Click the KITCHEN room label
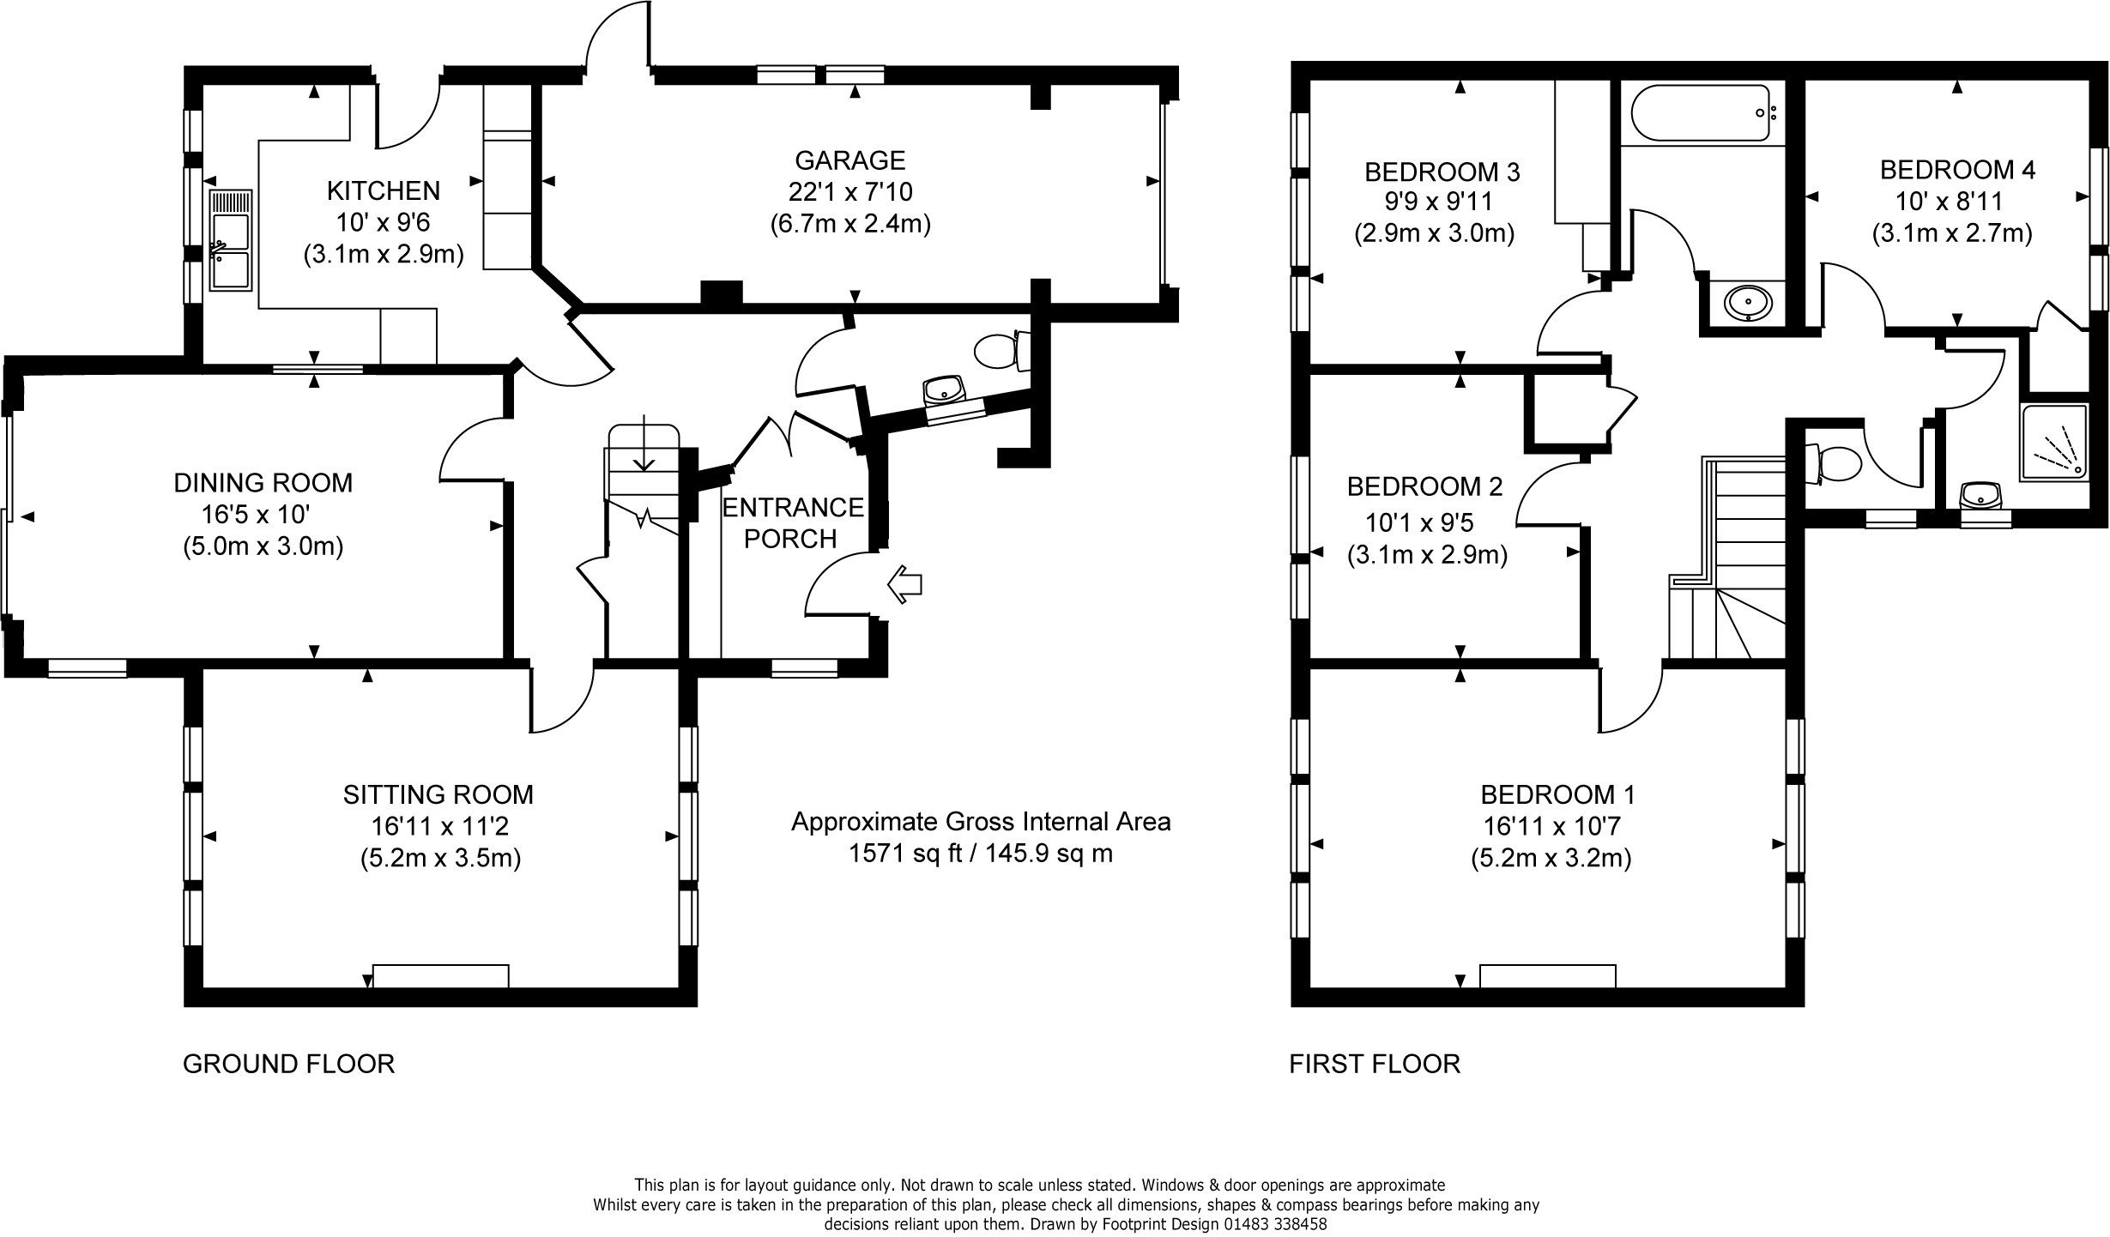(x=384, y=190)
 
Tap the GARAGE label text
(x=849, y=160)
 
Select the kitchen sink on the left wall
(x=230, y=240)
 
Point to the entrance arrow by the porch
(x=904, y=585)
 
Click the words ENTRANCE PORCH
(x=792, y=522)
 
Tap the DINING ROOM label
(x=263, y=483)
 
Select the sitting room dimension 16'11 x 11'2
(x=439, y=826)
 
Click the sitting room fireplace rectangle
(x=441, y=975)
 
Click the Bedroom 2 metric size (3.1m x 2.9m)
(x=1427, y=555)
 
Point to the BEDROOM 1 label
(x=1557, y=794)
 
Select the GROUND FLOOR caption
(x=288, y=1064)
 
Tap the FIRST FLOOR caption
(x=1375, y=1064)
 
